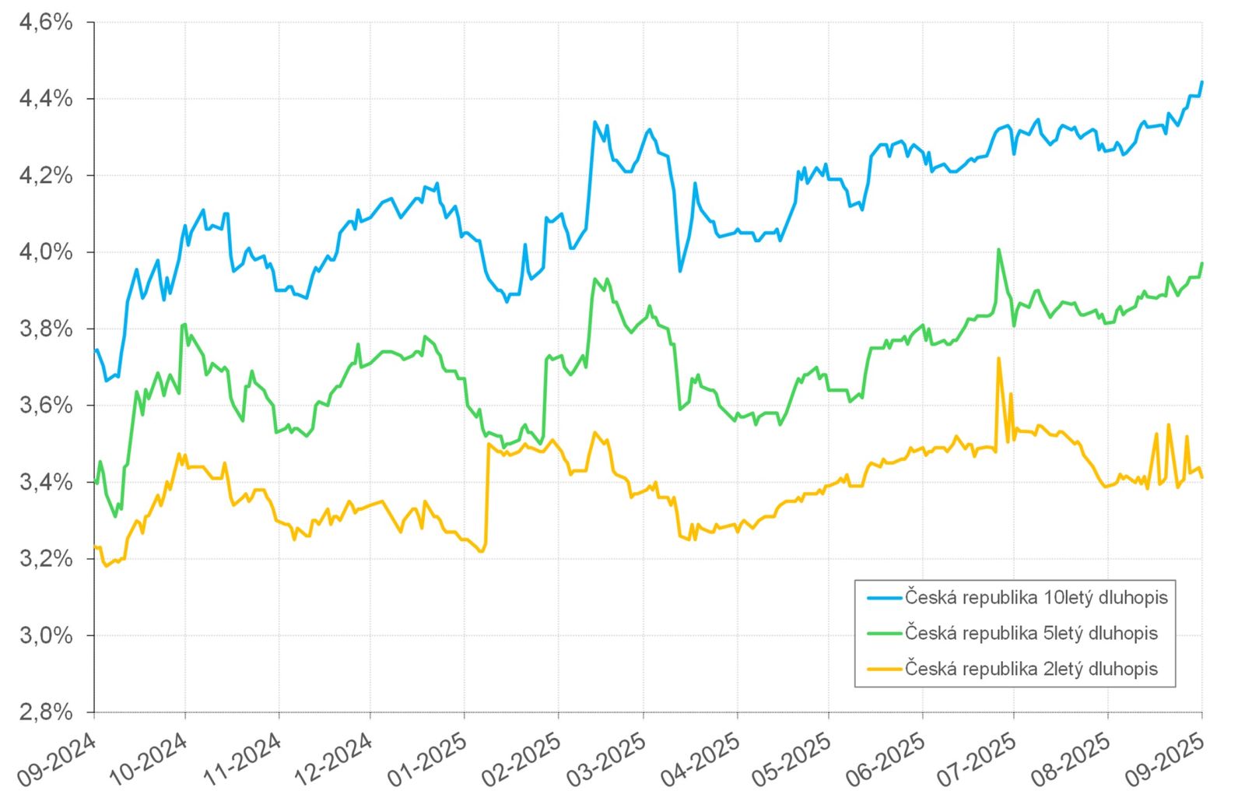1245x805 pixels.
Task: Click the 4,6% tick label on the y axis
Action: (x=46, y=23)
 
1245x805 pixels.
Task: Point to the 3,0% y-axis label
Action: (x=46, y=636)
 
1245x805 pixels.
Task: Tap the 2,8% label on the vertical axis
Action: (x=46, y=712)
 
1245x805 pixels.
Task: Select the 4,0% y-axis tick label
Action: (x=46, y=252)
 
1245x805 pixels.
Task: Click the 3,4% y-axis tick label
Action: (x=46, y=483)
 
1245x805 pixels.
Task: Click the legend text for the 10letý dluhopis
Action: (x=1036, y=598)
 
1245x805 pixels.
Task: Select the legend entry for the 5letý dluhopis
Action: (x=1031, y=634)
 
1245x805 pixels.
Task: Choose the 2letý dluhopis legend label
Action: (x=1031, y=669)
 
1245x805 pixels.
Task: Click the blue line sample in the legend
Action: (x=884, y=598)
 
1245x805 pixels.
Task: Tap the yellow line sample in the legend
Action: (x=884, y=669)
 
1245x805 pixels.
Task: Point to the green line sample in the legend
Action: (x=884, y=634)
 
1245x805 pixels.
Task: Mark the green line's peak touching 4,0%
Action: (x=998, y=250)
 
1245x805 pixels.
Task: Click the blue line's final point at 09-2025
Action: (x=1202, y=82)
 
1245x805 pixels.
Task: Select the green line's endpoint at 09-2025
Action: (x=1202, y=264)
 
